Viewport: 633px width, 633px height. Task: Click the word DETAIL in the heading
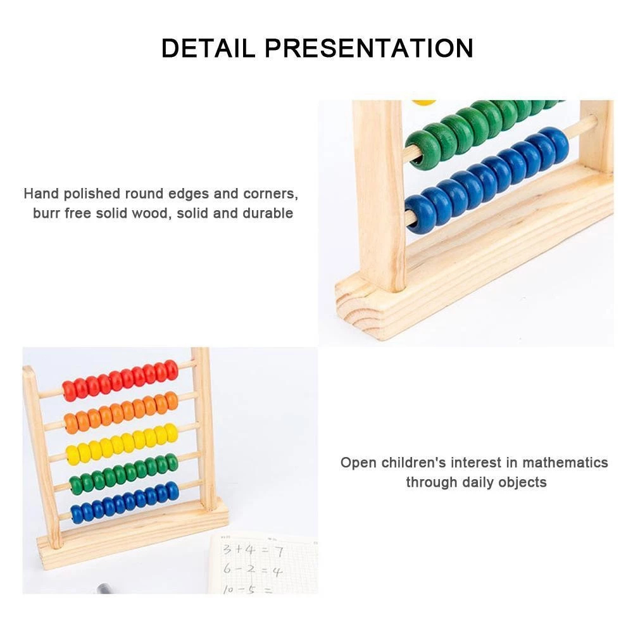pyautogui.click(x=208, y=48)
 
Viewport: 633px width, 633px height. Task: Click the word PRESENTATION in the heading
pyautogui.click(x=369, y=48)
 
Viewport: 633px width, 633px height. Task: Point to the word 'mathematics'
pyautogui.click(x=565, y=462)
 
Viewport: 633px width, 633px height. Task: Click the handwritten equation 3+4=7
pyautogui.click(x=253, y=550)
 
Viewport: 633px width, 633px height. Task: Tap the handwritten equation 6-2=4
pyautogui.click(x=253, y=570)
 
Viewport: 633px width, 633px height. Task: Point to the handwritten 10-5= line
pyautogui.click(x=246, y=589)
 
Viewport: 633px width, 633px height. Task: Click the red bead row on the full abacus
pyautogui.click(x=120, y=380)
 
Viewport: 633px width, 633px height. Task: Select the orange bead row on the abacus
pyautogui.click(x=121, y=413)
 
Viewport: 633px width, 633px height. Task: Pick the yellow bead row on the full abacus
pyautogui.click(x=122, y=444)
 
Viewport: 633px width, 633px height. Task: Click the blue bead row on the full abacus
pyautogui.click(x=125, y=503)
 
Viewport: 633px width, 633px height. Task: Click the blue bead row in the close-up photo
pyautogui.click(x=487, y=180)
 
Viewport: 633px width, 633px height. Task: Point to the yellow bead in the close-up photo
pyautogui.click(x=423, y=103)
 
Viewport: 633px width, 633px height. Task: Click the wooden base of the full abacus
pyautogui.click(x=133, y=534)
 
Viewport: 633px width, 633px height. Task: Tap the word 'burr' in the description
pyautogui.click(x=46, y=213)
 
